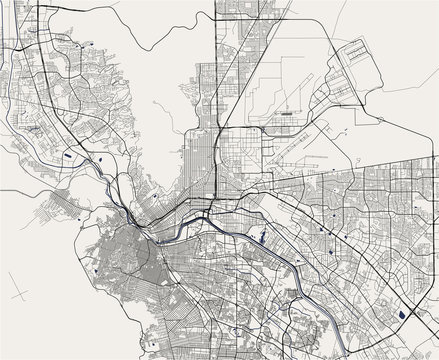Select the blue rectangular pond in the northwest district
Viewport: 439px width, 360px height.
[x=67, y=156]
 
